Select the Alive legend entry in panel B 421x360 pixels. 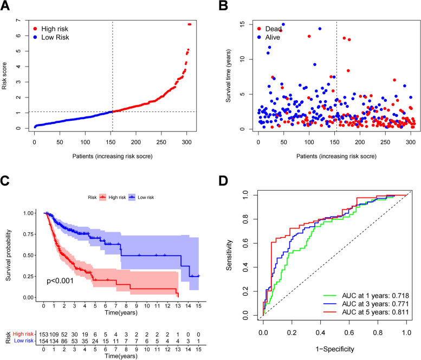276,37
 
